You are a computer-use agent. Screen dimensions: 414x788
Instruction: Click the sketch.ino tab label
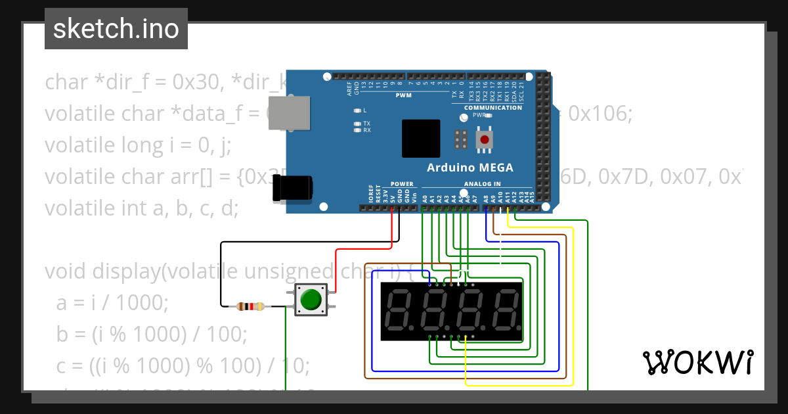(x=116, y=29)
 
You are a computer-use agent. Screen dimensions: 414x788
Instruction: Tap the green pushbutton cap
(x=311, y=300)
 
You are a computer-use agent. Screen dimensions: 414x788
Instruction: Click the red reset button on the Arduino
(x=485, y=139)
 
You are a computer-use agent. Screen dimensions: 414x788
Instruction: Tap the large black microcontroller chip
(x=421, y=139)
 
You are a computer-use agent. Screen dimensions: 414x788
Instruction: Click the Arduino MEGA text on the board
(x=470, y=167)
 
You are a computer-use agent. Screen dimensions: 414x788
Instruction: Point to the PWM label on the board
(x=403, y=96)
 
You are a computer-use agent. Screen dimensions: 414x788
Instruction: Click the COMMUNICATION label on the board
(x=493, y=108)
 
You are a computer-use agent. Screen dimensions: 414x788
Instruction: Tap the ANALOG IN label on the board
(x=482, y=184)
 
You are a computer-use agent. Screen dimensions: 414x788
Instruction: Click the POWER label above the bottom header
(x=402, y=184)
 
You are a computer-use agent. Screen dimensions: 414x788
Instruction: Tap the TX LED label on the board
(x=367, y=124)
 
